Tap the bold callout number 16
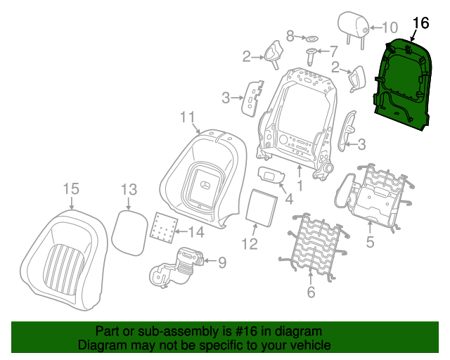420,23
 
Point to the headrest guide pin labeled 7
311,57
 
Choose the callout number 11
188,117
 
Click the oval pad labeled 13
129,233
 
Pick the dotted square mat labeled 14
164,228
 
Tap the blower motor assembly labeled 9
176,268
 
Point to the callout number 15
71,189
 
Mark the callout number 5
371,241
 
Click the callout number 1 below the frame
300,186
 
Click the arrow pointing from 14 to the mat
181,231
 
